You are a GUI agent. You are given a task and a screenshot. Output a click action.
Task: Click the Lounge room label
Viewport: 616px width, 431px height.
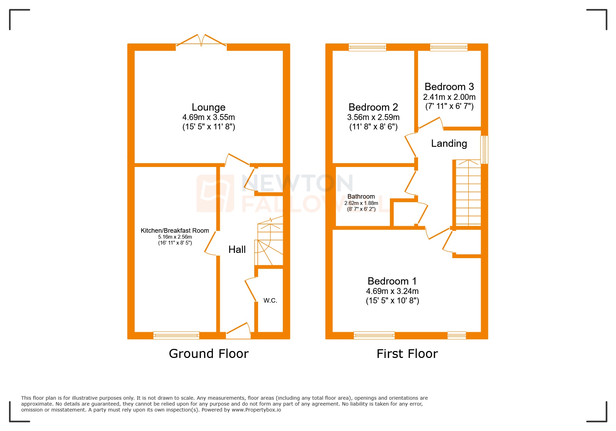pyautogui.click(x=208, y=107)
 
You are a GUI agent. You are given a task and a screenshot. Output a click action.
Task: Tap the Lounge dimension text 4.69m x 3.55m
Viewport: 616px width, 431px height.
pyautogui.click(x=208, y=117)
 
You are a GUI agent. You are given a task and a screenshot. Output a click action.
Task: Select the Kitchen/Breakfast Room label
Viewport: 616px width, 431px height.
pyautogui.click(x=175, y=231)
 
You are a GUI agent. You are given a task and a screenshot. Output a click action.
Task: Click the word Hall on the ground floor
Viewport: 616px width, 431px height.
pyautogui.click(x=237, y=249)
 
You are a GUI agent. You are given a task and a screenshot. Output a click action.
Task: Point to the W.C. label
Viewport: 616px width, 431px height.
pyautogui.click(x=270, y=301)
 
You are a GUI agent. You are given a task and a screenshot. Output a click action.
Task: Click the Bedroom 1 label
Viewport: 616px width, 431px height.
pyautogui.click(x=392, y=281)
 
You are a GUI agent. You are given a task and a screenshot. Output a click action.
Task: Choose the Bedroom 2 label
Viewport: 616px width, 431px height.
pyautogui.click(x=373, y=107)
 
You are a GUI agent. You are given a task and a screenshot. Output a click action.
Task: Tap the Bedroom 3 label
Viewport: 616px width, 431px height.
pyautogui.click(x=449, y=87)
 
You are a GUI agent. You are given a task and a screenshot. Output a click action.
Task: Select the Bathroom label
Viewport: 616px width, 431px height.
pyautogui.click(x=361, y=197)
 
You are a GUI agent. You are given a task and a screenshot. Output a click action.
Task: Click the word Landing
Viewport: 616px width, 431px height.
pyautogui.click(x=449, y=143)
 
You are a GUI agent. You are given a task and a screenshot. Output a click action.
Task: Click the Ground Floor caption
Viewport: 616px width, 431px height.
pyautogui.click(x=209, y=354)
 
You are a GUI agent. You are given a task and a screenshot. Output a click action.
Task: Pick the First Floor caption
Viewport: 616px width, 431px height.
pyautogui.click(x=407, y=354)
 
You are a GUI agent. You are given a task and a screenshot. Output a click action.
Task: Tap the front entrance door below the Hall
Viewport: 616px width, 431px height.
pyautogui.click(x=238, y=332)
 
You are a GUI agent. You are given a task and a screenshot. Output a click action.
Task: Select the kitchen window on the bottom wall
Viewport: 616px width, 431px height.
pyautogui.click(x=176, y=336)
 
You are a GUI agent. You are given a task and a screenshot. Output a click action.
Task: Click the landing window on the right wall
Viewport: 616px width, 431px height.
pyautogui.click(x=484, y=150)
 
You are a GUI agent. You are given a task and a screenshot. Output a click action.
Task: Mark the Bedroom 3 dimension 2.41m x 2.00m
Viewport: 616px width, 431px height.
pyautogui.click(x=449, y=97)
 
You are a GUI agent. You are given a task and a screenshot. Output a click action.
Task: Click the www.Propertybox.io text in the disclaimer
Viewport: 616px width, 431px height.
pyautogui.click(x=256, y=410)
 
